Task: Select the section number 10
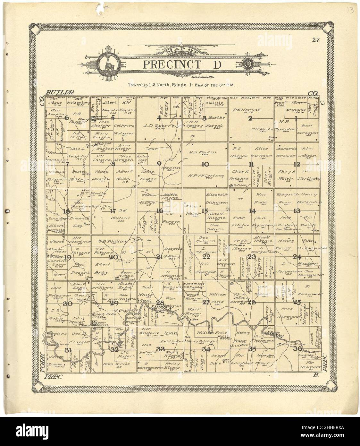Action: point(205,164)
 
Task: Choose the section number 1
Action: point(296,118)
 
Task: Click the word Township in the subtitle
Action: point(137,85)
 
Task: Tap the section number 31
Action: point(68,349)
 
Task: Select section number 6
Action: point(67,118)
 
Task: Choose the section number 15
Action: point(205,211)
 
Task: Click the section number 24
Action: point(297,256)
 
